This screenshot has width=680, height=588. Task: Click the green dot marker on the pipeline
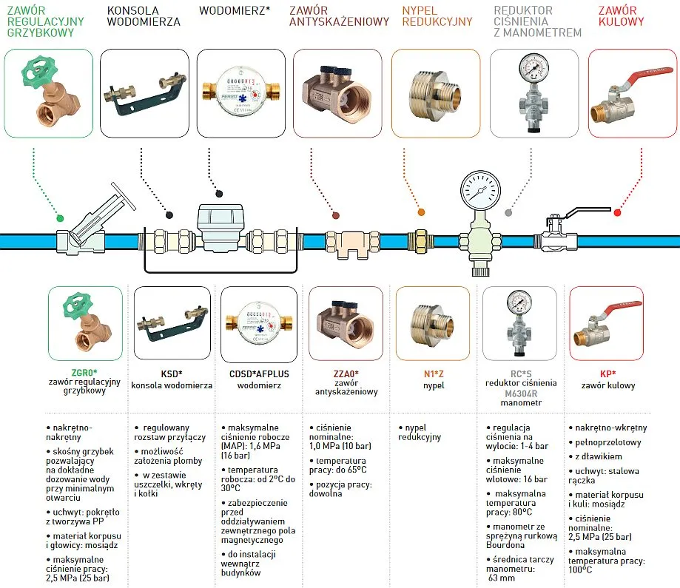(x=60, y=218)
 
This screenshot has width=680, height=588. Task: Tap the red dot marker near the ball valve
(x=618, y=213)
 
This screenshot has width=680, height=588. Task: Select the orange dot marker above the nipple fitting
(x=421, y=212)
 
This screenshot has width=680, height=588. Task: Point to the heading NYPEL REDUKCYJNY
(x=437, y=16)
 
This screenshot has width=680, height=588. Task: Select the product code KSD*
(x=172, y=374)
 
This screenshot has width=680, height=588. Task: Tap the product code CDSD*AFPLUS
(x=255, y=374)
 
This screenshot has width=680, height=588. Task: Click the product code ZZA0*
(x=346, y=374)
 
